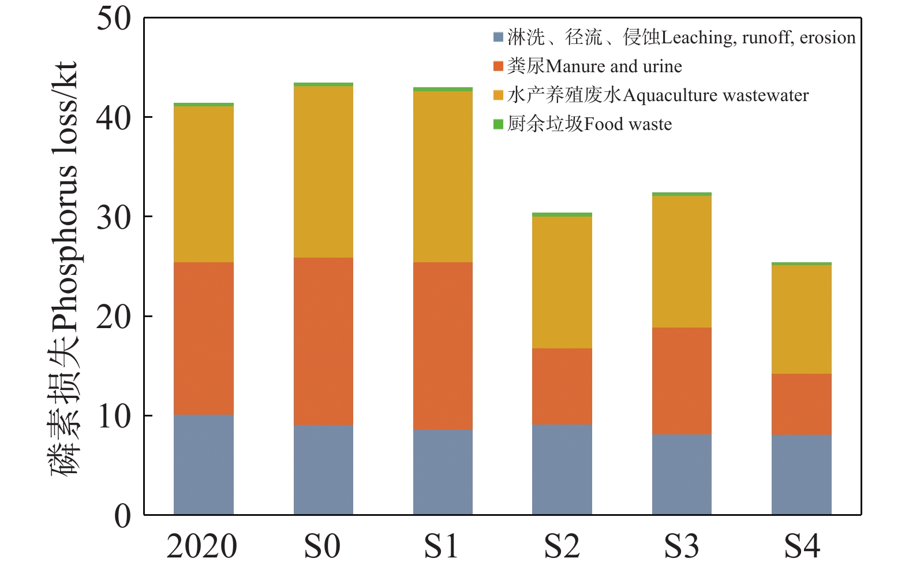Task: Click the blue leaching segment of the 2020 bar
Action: tap(203, 464)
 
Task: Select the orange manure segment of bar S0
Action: tap(323, 341)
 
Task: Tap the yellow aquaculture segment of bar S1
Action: tap(443, 176)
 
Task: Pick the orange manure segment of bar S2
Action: tap(562, 386)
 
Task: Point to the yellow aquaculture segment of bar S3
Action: tap(682, 261)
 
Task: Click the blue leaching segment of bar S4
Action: tap(801, 474)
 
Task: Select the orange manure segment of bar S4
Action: tap(801, 404)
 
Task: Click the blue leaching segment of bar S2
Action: tap(562, 469)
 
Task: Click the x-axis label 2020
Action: tap(202, 546)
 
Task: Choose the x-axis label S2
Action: tap(562, 546)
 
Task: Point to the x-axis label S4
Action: tap(802, 546)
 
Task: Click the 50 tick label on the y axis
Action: tap(114, 18)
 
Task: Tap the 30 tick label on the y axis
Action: tap(114, 217)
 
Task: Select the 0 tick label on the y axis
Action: tap(122, 516)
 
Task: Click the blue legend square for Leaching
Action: tap(499, 38)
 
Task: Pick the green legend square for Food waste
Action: tap(499, 124)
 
